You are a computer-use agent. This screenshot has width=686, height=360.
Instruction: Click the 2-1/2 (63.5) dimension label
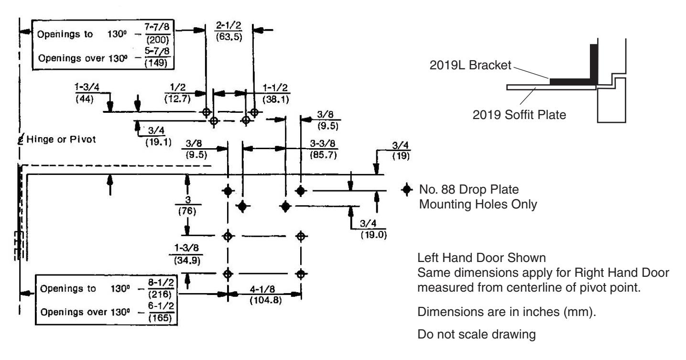tap(229, 31)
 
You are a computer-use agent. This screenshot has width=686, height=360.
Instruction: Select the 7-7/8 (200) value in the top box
tap(157, 33)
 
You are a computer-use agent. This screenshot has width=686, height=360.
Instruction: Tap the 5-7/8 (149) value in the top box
tap(157, 57)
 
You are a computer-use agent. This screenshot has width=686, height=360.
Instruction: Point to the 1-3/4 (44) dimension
tap(87, 93)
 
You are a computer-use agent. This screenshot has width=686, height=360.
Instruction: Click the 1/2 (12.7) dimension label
tap(177, 93)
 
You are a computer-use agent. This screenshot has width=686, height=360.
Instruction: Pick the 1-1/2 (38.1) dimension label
tap(275, 93)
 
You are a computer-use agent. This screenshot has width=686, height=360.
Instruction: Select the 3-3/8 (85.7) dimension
tap(323, 149)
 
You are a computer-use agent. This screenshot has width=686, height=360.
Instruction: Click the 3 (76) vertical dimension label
tap(187, 205)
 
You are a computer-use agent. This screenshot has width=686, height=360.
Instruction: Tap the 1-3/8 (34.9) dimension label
tap(186, 254)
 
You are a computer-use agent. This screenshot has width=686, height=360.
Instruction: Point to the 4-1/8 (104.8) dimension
tap(265, 295)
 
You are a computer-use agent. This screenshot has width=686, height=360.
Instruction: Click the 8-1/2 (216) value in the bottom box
tap(161, 288)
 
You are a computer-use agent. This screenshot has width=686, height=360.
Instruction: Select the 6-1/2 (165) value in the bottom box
tap(161, 312)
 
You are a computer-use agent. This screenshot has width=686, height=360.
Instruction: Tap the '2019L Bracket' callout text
tap(470, 65)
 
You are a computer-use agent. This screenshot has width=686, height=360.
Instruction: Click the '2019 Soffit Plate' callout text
tap(519, 115)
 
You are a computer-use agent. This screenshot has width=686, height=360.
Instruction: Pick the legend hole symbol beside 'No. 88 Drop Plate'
tap(407, 190)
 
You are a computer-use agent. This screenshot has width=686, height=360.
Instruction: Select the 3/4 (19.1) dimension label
tap(158, 136)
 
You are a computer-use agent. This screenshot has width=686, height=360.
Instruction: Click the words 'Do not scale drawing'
tap(477, 334)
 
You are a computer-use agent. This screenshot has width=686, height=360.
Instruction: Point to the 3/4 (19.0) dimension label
tap(373, 229)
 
